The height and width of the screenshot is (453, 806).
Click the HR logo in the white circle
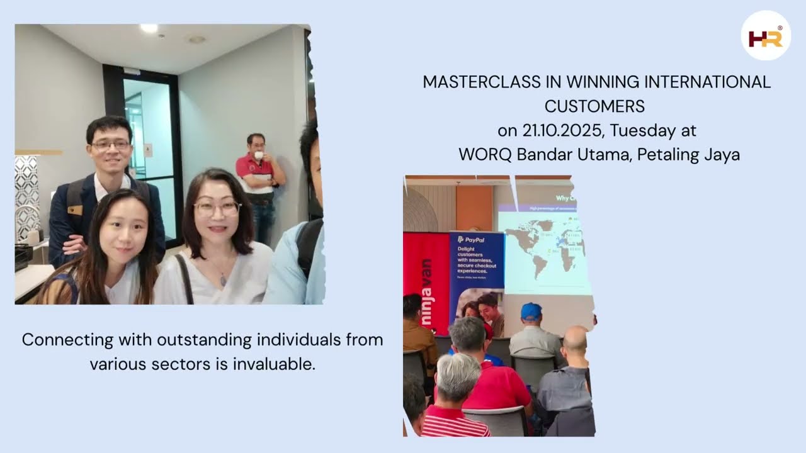765,36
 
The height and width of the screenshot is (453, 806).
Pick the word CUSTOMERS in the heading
594,106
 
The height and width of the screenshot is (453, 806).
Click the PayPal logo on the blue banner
475,240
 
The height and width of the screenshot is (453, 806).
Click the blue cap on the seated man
531,311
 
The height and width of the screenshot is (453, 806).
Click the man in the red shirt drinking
259,182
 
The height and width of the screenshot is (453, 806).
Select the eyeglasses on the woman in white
217,208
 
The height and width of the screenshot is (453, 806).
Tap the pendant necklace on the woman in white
223,279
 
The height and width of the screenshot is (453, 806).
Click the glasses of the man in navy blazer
110,144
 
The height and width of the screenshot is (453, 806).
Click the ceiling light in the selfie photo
149,28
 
